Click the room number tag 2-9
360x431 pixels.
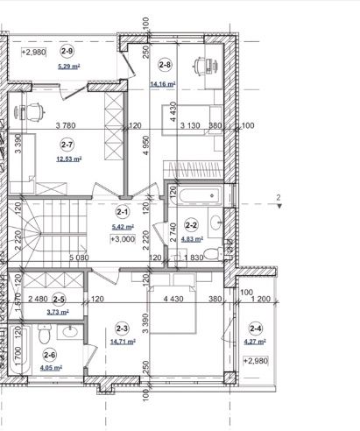coord(67,51)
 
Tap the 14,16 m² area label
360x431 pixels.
coord(163,84)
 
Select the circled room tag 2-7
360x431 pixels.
coord(67,145)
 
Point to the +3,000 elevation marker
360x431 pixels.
coord(123,239)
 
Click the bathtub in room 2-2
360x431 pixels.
coord(201,195)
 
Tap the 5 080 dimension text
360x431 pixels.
coord(79,258)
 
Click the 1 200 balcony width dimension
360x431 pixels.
coord(261,299)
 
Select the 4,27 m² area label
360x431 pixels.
coord(255,341)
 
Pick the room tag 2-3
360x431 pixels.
coord(122,329)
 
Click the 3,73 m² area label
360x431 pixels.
coord(58,312)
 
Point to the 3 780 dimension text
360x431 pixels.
coord(66,125)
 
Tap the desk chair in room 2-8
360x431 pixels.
coord(200,66)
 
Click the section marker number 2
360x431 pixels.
coord(279,198)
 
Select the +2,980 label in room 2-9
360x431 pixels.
coord(34,53)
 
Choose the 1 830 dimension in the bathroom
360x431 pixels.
coord(194,258)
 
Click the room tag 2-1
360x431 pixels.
coord(122,212)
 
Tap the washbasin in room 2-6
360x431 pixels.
coord(70,332)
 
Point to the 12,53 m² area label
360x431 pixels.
coord(69,159)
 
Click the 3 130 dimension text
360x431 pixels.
coord(190,125)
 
